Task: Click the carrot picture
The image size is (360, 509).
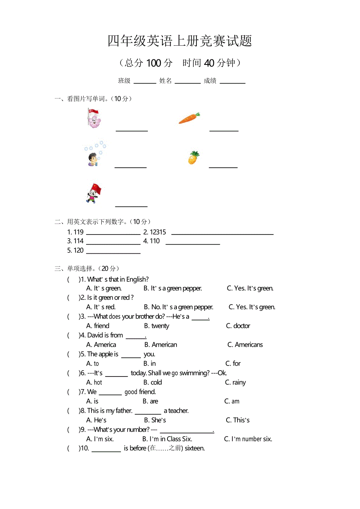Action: click(x=189, y=118)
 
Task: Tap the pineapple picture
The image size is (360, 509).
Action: click(x=194, y=158)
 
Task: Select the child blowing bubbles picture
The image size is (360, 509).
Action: click(x=94, y=155)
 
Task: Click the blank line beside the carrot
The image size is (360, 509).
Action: click(x=224, y=130)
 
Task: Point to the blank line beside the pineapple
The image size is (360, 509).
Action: click(x=223, y=167)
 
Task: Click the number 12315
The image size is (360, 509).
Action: click(x=158, y=232)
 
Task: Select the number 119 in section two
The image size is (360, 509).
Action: click(x=79, y=232)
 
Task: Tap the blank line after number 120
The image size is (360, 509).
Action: click(x=113, y=253)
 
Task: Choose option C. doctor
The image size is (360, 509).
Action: click(x=238, y=326)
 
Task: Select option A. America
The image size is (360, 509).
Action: click(x=101, y=344)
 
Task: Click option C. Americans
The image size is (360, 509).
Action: click(x=245, y=344)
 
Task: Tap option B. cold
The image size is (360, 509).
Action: click(x=153, y=382)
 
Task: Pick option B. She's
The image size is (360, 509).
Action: click(x=155, y=420)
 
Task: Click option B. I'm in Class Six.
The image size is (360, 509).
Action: click(x=167, y=439)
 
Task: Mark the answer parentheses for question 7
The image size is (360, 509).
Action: click(x=74, y=392)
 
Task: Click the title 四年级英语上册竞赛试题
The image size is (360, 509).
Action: click(x=180, y=41)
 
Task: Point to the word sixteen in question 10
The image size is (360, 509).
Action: click(x=194, y=448)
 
